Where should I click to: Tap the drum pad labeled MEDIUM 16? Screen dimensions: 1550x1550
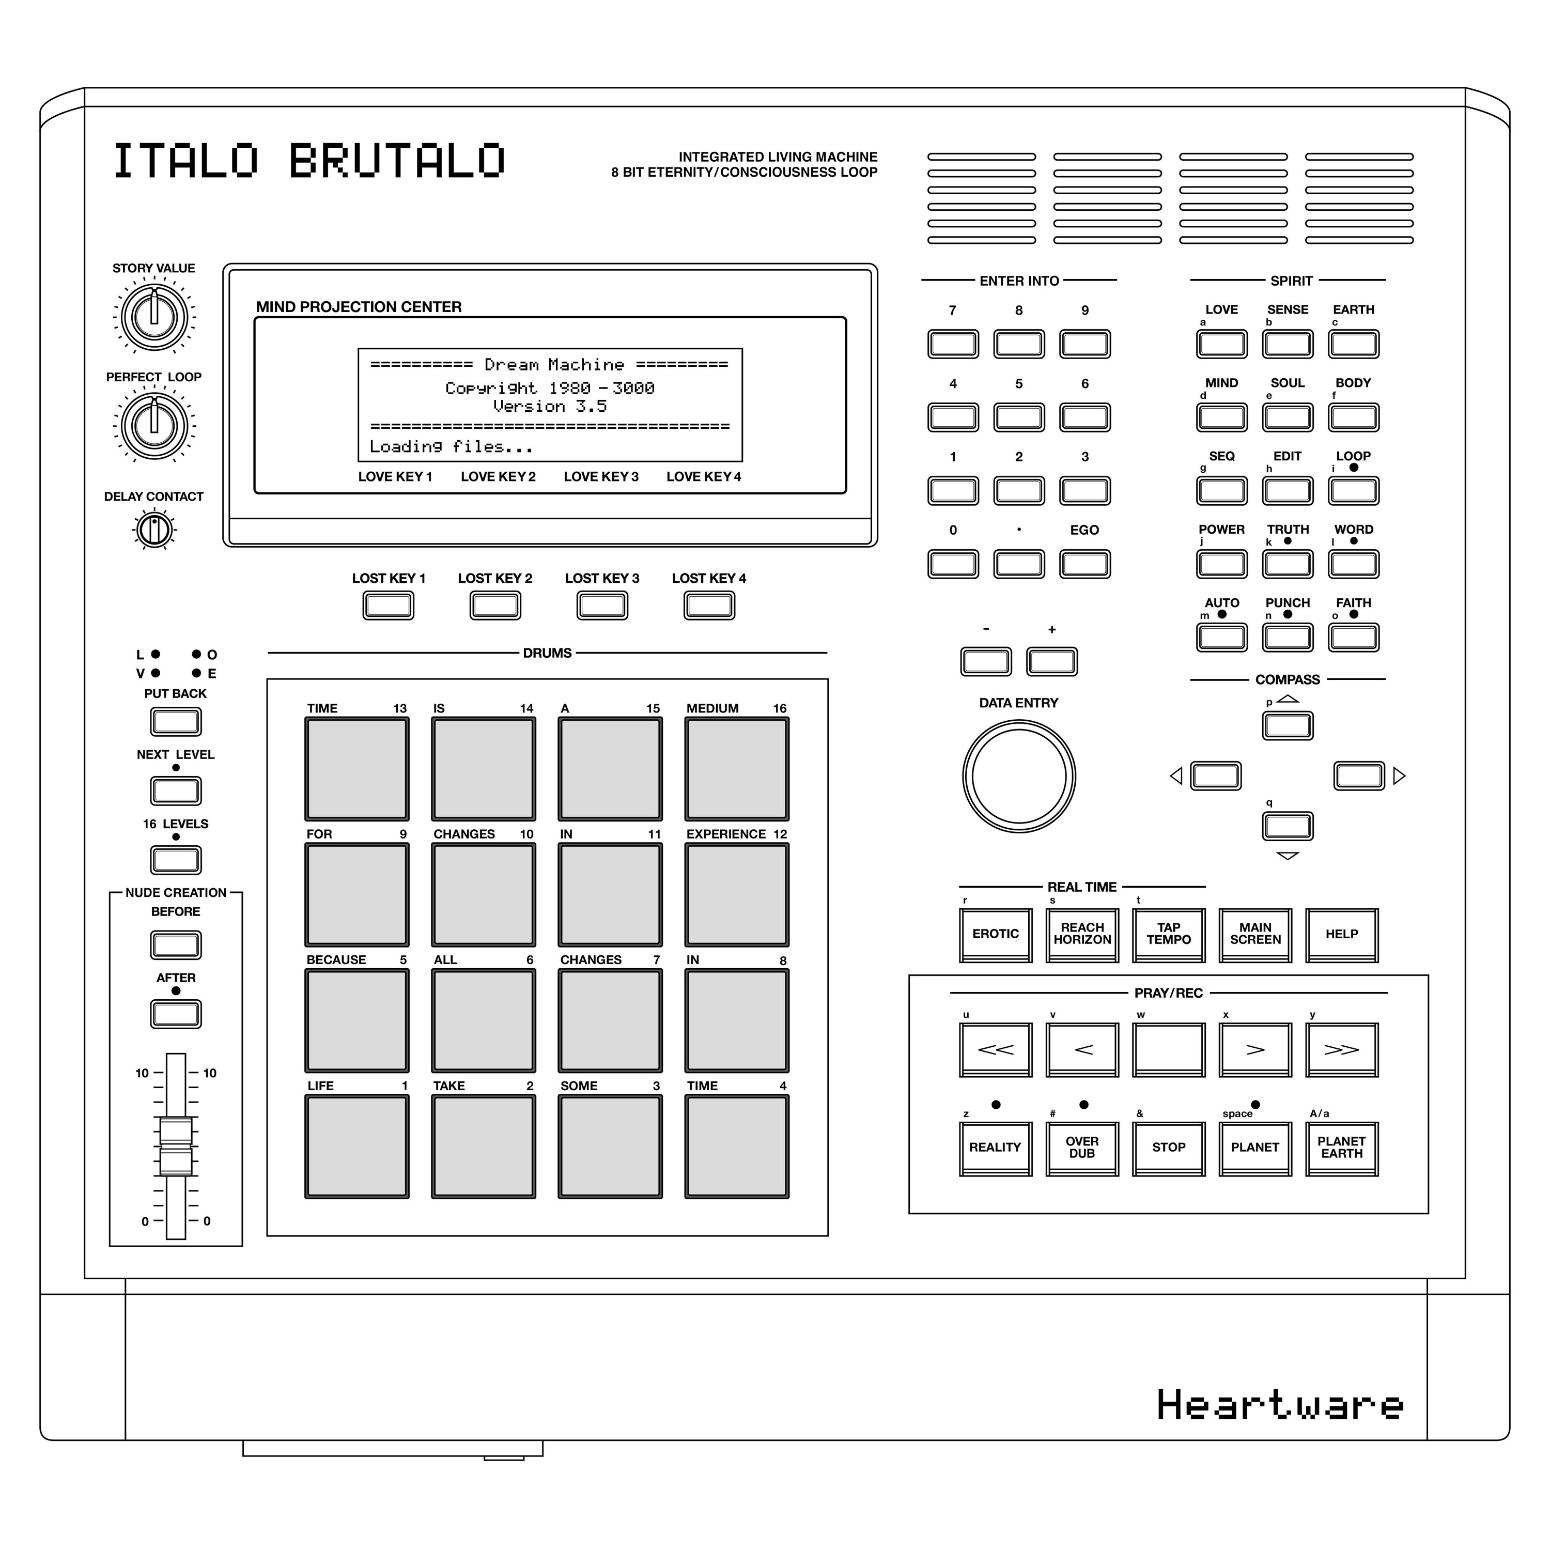[x=736, y=769]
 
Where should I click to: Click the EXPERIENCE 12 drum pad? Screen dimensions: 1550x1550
[x=736, y=894]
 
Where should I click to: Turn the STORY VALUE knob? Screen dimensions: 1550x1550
[x=154, y=315]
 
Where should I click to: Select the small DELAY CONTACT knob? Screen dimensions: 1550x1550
[x=154, y=530]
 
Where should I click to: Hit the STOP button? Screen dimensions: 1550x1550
[x=1168, y=1148]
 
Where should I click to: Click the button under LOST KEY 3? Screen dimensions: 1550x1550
[x=602, y=605]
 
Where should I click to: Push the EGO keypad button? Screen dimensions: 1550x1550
[x=1084, y=564]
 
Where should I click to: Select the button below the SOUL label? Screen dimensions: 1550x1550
[x=1287, y=417]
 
